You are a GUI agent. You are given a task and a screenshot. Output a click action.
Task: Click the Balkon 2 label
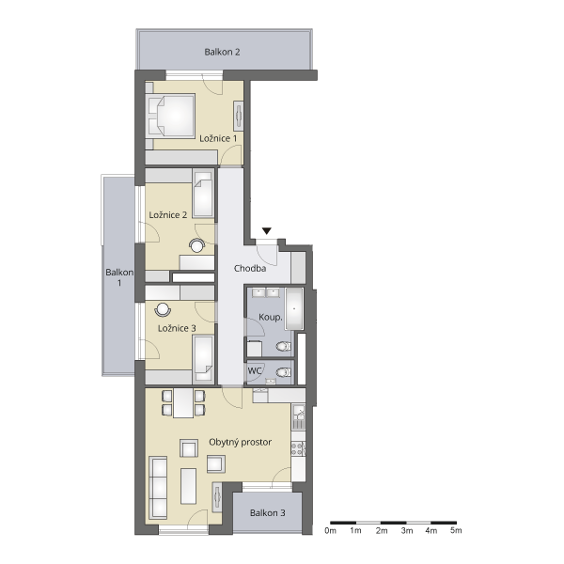click(222, 52)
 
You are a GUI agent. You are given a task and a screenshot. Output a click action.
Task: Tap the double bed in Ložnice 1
click(172, 115)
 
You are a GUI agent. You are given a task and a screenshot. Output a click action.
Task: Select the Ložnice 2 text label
click(168, 214)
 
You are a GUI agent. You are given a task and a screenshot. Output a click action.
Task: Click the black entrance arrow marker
click(267, 231)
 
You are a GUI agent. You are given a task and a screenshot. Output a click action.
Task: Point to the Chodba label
click(250, 268)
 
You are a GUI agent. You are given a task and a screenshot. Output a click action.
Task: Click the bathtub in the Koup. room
click(294, 308)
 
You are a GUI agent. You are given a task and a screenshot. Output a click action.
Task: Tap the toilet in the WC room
click(284, 372)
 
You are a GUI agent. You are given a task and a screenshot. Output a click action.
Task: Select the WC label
click(255, 370)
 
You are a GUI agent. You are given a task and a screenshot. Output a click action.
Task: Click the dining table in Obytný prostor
click(183, 403)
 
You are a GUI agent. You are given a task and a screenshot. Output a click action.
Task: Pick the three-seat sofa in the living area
click(158, 488)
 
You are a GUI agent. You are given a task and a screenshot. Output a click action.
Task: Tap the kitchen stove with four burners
click(298, 448)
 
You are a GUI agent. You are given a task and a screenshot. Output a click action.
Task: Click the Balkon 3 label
click(268, 513)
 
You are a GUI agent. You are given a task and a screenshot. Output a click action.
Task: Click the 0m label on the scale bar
click(330, 530)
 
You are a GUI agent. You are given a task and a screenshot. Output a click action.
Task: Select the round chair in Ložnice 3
click(163, 310)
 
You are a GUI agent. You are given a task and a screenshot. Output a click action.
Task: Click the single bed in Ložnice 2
click(203, 194)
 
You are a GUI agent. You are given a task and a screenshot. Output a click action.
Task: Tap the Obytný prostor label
click(241, 442)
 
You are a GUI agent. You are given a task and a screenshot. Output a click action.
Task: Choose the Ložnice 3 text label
click(177, 328)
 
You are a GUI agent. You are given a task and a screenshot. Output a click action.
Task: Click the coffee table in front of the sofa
click(189, 486)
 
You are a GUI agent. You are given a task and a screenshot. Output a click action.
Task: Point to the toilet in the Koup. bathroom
click(284, 346)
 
